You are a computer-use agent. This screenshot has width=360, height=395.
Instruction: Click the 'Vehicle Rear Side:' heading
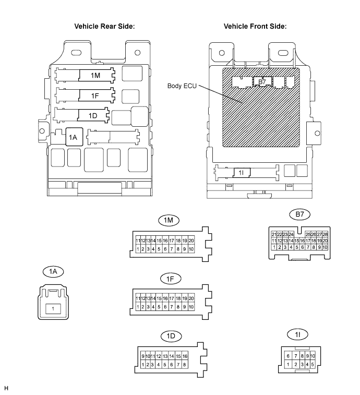point(104,26)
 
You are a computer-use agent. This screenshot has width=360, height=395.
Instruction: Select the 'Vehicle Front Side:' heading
point(255,26)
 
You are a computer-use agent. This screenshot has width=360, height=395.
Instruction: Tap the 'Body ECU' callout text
point(182,86)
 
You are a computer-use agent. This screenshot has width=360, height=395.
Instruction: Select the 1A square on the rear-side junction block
point(74,137)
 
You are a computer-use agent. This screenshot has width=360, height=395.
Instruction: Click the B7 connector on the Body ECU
point(262,81)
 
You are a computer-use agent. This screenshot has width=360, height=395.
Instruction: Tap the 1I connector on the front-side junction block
point(242,173)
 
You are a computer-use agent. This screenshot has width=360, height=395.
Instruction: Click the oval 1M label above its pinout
point(169,220)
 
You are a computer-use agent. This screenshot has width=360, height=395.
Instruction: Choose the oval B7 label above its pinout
point(299,214)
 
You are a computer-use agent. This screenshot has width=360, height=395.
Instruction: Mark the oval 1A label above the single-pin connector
point(53,271)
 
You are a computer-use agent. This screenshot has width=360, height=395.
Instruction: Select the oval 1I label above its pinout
point(297,334)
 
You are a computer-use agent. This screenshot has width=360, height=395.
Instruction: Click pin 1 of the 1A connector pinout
point(53,309)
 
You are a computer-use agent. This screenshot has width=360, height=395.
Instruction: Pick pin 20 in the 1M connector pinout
point(191,241)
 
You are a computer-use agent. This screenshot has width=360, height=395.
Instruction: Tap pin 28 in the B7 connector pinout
point(325,234)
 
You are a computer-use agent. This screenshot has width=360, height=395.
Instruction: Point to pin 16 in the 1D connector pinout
point(185,356)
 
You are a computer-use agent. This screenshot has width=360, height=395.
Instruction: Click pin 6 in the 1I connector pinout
point(288,356)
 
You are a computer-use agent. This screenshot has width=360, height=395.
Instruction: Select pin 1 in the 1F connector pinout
point(138,307)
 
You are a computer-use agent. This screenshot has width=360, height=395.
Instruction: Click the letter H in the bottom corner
point(6,388)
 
